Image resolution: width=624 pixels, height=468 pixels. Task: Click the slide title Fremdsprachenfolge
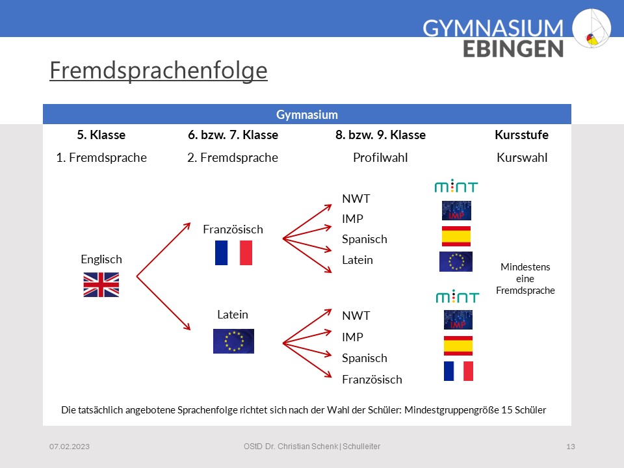159,70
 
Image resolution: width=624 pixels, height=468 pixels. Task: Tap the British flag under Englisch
101,285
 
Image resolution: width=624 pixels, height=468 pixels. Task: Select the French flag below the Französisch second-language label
233,253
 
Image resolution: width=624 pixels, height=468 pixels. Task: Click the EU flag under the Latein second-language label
233,341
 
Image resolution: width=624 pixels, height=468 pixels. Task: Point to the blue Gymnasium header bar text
307,114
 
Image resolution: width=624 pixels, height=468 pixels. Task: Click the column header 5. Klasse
101,135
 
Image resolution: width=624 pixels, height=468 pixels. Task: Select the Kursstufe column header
522,135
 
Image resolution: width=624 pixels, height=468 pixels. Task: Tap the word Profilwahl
380,157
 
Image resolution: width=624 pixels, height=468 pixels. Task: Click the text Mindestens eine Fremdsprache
525,279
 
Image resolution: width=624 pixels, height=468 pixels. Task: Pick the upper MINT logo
456,186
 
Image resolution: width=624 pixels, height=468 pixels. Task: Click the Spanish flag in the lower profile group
458,345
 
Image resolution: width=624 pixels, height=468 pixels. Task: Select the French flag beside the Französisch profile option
458,371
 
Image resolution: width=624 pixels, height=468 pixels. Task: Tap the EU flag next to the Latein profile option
456,261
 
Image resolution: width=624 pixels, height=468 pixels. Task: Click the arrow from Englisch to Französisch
164,250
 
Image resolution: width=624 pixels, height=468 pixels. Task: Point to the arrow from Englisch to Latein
164,304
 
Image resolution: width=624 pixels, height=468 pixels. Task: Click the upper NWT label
356,199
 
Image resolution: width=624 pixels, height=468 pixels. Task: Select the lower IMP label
352,337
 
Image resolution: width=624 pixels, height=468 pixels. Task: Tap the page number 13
571,447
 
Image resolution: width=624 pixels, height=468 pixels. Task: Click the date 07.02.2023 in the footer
70,447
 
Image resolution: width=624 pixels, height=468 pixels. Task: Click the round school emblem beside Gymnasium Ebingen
591,28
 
